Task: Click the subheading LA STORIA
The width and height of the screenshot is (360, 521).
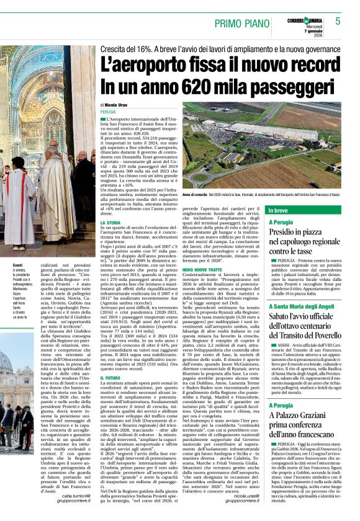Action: coord(110,222)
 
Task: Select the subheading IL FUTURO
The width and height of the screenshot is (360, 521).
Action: coord(110,378)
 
